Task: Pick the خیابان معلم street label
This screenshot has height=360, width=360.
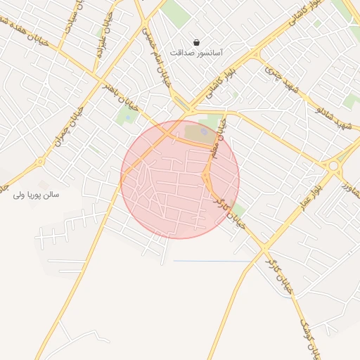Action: tap(219, 139)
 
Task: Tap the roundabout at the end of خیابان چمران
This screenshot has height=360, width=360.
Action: tap(40, 161)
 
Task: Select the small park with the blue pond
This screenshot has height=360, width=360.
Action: tap(202, 131)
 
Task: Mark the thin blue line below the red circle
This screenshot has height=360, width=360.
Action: tap(211, 262)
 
